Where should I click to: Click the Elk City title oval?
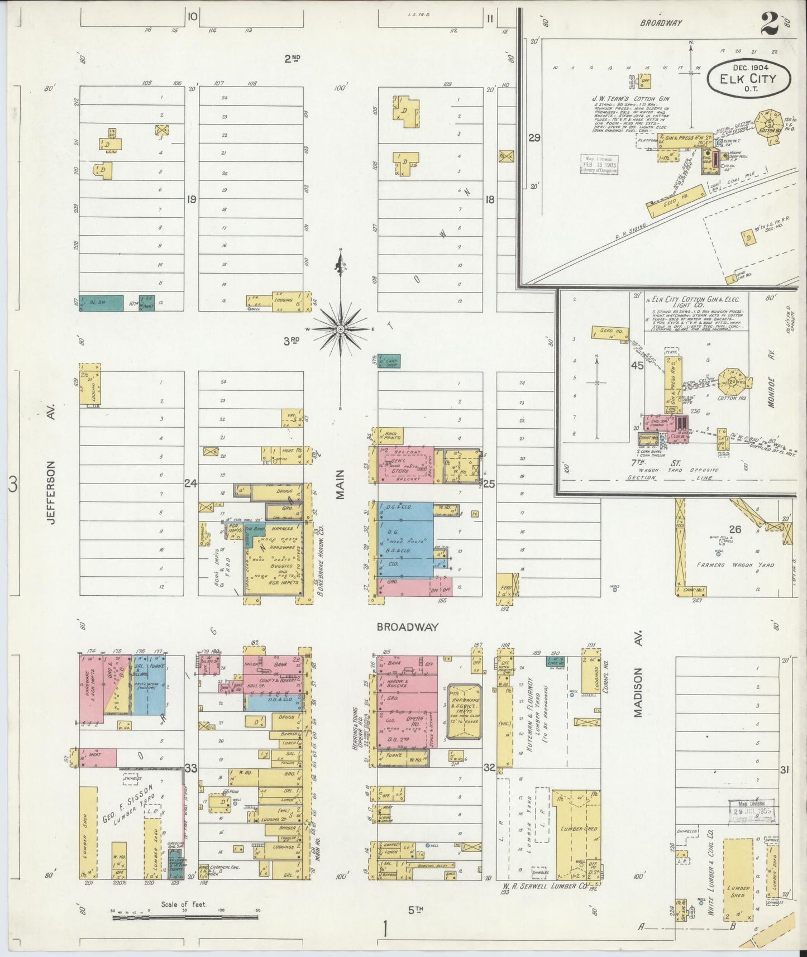(748, 78)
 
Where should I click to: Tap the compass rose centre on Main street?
(340, 329)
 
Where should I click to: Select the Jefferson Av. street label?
(52, 492)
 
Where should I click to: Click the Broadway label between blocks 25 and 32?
(407, 627)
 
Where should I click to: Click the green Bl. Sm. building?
(101, 303)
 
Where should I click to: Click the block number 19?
(192, 199)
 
